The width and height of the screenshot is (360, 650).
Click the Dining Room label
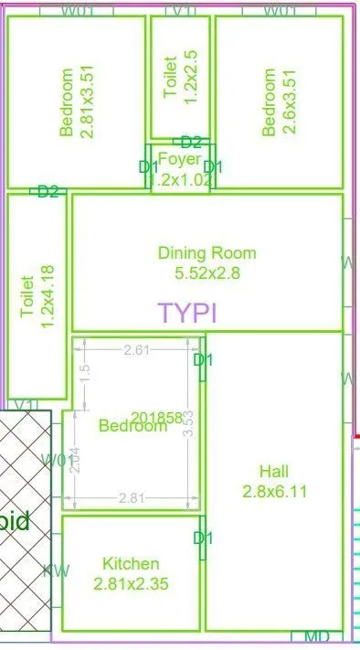pyautogui.click(x=206, y=253)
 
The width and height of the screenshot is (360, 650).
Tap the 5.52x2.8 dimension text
pyautogui.click(x=206, y=272)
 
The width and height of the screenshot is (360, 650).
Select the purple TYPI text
pyautogui.click(x=187, y=313)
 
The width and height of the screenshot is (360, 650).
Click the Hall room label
pyautogui.click(x=274, y=472)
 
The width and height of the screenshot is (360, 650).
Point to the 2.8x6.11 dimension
pyautogui.click(x=274, y=490)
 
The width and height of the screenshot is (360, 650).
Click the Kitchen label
pyautogui.click(x=131, y=564)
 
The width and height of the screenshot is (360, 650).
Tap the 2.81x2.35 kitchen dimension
pyautogui.click(x=131, y=582)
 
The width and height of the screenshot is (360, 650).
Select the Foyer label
pyautogui.click(x=179, y=160)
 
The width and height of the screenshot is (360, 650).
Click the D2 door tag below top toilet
pyautogui.click(x=191, y=142)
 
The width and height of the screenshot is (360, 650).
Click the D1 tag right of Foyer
pyautogui.click(x=213, y=166)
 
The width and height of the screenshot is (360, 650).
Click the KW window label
pyautogui.click(x=56, y=571)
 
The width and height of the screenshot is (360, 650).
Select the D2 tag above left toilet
pyautogui.click(x=48, y=191)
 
